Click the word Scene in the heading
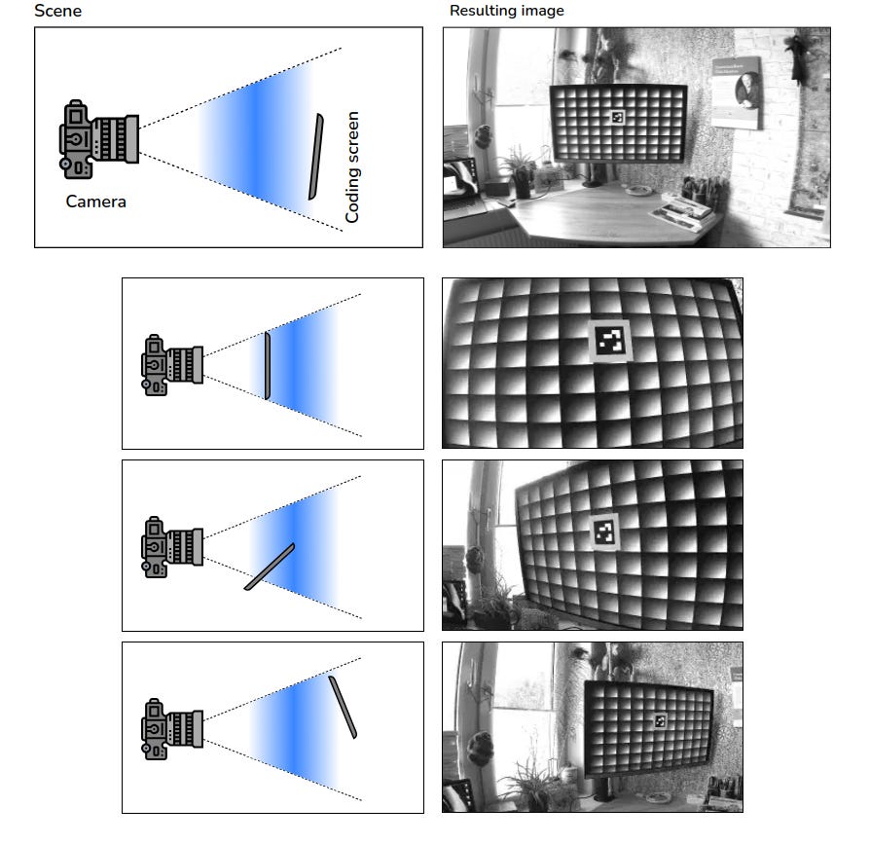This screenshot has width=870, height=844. (57, 11)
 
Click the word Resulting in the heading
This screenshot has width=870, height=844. (483, 11)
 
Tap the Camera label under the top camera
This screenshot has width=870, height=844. (95, 201)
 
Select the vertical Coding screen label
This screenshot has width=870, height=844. (352, 167)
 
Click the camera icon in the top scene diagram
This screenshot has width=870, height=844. (98, 139)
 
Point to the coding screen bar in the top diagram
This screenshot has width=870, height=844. (315, 157)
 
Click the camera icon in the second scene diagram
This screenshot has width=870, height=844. (172, 365)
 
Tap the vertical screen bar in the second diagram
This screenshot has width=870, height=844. (268, 366)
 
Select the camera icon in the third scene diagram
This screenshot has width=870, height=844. (172, 547)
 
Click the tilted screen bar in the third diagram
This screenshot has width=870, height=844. (270, 567)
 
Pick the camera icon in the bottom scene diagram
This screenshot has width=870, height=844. (172, 729)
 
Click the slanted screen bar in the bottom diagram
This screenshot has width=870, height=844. (343, 707)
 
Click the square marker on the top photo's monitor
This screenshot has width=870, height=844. (618, 117)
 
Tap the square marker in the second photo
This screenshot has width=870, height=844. (610, 341)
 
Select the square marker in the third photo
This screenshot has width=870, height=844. (604, 532)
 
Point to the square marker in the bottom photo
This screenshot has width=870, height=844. (660, 720)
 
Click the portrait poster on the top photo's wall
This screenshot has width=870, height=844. (737, 92)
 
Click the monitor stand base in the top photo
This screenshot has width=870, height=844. (593, 183)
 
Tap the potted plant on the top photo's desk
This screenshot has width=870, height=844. (521, 172)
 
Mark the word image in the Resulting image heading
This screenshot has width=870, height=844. (542, 11)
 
